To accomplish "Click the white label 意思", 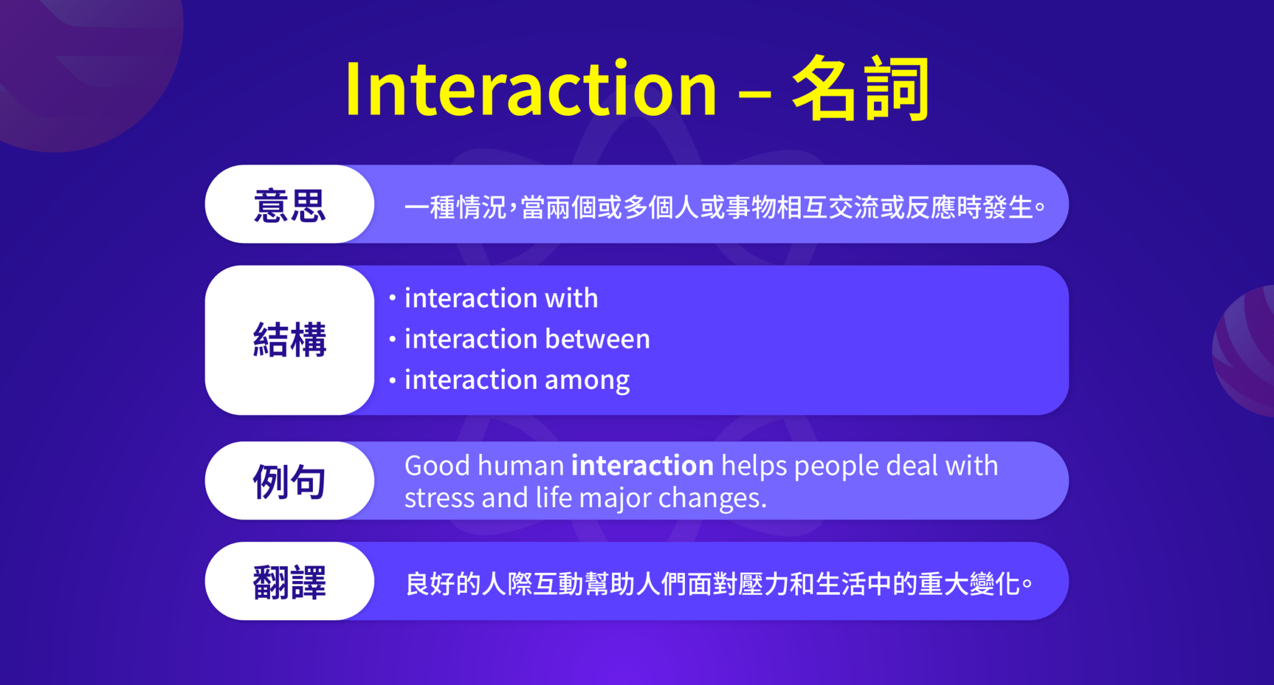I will tap(289, 205).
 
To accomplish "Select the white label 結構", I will tap(289, 340).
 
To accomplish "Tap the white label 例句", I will tap(289, 481).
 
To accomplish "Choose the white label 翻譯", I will tap(289, 582).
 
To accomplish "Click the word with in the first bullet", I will tap(571, 298).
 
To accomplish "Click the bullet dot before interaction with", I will tap(393, 298).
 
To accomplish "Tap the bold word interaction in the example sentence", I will tap(642, 465).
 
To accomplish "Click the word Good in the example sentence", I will tap(437, 465).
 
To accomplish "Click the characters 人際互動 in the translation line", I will tap(532, 584).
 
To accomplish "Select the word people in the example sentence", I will tap(836, 465).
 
